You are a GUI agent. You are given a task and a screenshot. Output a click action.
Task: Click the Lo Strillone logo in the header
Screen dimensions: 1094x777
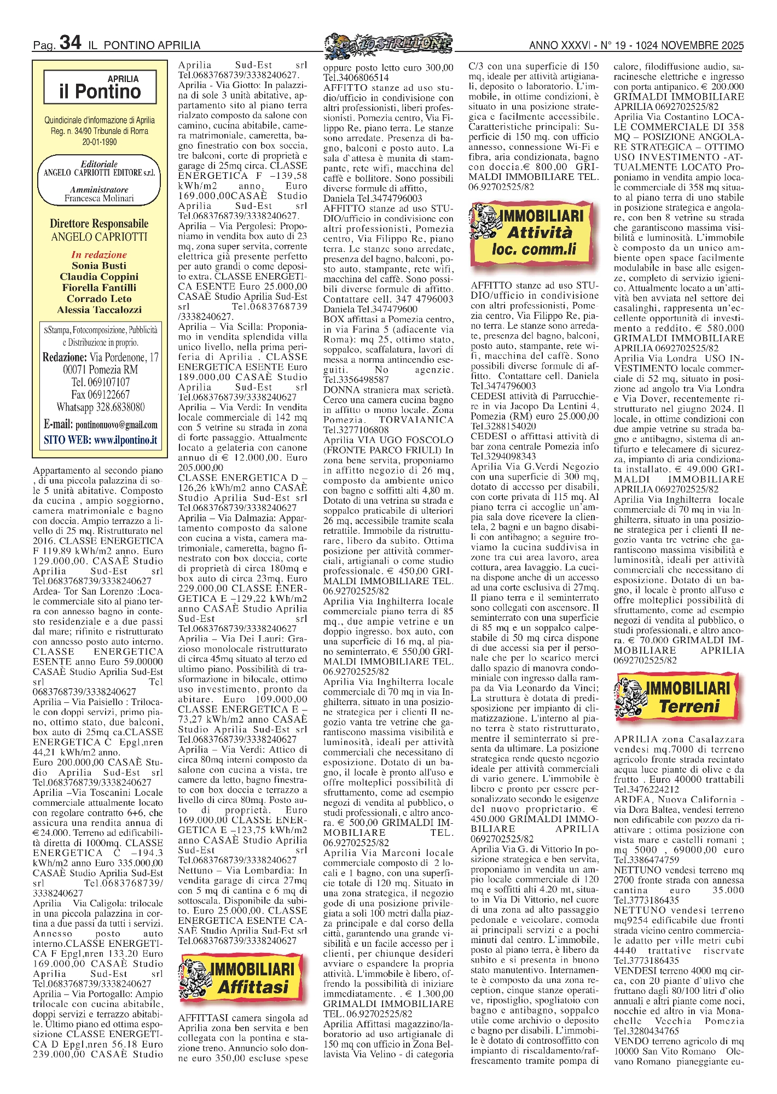pyautogui.click(x=388, y=43)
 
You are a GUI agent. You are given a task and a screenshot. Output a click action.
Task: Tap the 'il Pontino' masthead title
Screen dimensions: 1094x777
pyautogui.click(x=100, y=91)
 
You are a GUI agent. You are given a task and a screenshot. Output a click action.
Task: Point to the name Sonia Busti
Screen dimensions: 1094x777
pyautogui.click(x=99, y=266)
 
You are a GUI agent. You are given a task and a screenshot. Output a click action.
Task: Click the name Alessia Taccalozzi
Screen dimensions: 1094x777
pyautogui.click(x=99, y=310)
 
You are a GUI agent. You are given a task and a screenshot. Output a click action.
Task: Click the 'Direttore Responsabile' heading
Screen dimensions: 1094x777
pyautogui.click(x=99, y=224)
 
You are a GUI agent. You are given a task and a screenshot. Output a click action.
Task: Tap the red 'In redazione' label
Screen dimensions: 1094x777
pyautogui.click(x=99, y=254)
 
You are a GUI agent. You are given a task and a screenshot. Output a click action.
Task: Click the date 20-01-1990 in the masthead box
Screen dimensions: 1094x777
pyautogui.click(x=99, y=142)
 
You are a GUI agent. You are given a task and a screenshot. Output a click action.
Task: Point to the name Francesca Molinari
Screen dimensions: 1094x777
pyautogui.click(x=99, y=199)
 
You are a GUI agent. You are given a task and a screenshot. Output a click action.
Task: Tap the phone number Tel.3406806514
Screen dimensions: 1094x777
pyautogui.click(x=356, y=78)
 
